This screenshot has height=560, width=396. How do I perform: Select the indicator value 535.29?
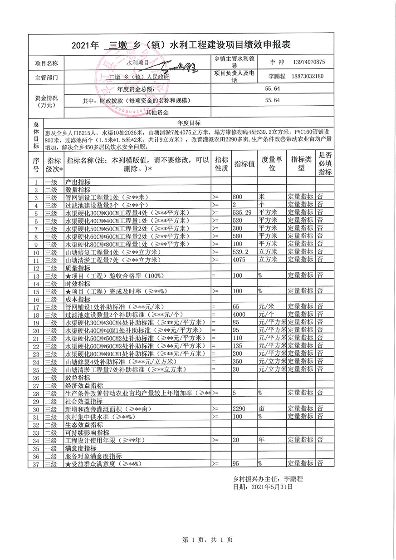click(x=242, y=212)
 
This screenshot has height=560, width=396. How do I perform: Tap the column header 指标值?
click(x=244, y=164)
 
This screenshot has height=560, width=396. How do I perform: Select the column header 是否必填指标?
click(x=325, y=164)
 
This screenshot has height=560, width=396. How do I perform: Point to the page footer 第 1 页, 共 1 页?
click(x=207, y=540)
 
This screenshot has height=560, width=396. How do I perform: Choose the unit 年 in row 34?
click(x=261, y=440)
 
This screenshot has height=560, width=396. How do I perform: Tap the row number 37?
click(x=36, y=463)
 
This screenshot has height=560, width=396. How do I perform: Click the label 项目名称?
click(x=47, y=62)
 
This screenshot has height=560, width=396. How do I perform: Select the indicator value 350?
click(x=237, y=362)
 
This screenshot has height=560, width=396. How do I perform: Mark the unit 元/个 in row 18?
click(x=267, y=314)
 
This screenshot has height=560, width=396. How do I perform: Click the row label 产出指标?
click(x=78, y=182)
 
